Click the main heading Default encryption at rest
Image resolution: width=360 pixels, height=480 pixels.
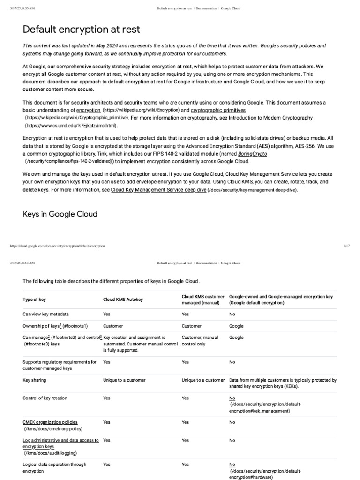[81, 30]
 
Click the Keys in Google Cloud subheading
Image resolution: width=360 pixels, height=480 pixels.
[60, 214]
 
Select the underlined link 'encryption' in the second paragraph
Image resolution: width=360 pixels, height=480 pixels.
[88, 110]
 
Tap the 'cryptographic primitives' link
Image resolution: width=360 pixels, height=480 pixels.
[218, 110]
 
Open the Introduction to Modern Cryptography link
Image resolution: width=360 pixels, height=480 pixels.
[270, 118]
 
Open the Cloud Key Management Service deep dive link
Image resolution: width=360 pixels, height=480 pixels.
[158, 190]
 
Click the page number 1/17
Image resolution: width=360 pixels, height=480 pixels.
[347, 246]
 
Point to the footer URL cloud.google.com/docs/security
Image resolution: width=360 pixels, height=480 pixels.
[57, 246]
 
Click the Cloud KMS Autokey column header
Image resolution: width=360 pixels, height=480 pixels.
[123, 299]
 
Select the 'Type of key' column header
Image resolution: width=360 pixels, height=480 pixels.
[34, 299]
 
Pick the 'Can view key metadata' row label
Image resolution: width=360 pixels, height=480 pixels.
[48, 314]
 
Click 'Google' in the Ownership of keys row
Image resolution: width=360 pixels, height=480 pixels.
[236, 326]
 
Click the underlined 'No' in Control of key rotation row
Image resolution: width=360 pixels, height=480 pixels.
[232, 398]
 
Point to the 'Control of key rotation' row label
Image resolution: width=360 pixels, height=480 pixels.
[45, 398]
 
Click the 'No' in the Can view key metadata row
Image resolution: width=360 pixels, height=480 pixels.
[232, 314]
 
